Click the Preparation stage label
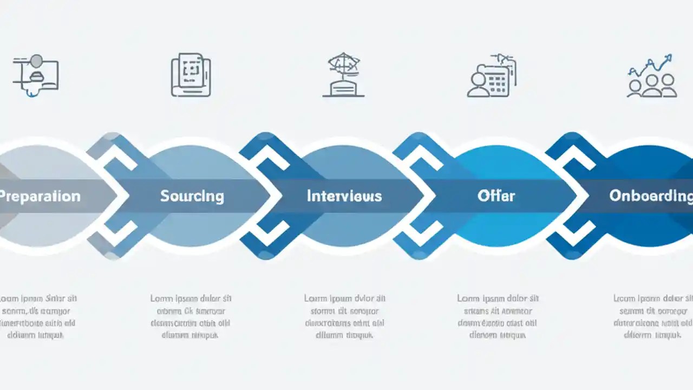[40, 196]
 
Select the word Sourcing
[192, 196]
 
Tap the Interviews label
[344, 196]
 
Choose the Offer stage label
[496, 196]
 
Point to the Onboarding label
[650, 196]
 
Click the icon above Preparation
[35, 76]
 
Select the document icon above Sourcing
[191, 75]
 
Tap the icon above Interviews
[343, 75]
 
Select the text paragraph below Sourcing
[191, 317]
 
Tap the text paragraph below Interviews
[344, 317]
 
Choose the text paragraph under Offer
[498, 317]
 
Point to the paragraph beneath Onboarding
[652, 317]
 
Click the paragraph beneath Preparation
[38, 317]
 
